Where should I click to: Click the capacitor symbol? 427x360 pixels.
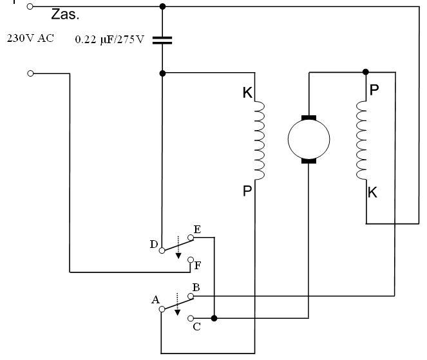(162, 41)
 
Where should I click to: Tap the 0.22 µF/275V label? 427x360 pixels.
(109, 40)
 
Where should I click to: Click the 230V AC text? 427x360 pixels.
(30, 38)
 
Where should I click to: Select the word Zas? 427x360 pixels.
(65, 14)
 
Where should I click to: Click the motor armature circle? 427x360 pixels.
(308, 139)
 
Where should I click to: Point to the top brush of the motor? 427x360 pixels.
(308, 118)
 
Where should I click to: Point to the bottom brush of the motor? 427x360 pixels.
(308, 161)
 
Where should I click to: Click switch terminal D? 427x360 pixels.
(162, 251)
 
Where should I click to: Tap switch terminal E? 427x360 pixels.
(191, 238)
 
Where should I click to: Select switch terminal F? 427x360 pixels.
(191, 260)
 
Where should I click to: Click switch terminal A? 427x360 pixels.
(162, 309)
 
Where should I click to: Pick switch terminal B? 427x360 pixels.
(191, 296)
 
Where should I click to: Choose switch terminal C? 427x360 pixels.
(191, 318)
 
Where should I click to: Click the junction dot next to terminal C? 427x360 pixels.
(214, 318)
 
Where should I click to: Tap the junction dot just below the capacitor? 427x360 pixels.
(162, 73)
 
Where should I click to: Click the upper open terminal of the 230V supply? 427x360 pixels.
(30, 6)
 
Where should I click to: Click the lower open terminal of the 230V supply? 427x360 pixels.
(30, 73)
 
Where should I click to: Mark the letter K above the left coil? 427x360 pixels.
(247, 93)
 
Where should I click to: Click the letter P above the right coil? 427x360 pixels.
(374, 90)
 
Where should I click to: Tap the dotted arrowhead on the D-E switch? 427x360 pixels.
(178, 256)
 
